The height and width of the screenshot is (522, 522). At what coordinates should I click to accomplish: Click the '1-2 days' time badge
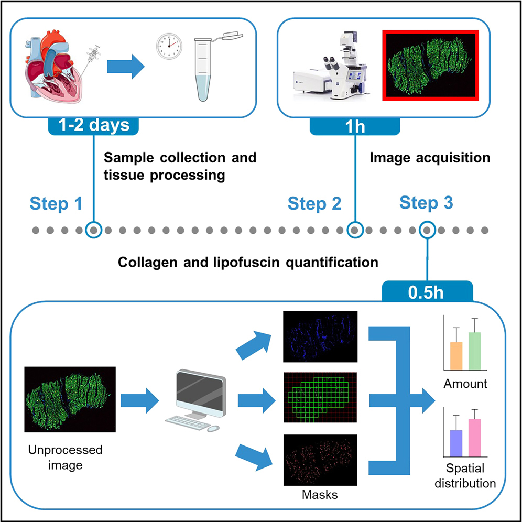pos(95,126)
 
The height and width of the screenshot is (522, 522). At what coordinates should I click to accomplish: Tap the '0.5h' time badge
pos(427,291)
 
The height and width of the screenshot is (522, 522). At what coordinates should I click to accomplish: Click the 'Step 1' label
pos(56,203)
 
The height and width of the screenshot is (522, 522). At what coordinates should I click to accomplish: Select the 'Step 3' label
pos(426,202)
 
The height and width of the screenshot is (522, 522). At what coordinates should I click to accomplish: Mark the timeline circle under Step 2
pos(356,230)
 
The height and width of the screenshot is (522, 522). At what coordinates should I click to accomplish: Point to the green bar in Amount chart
pos(475,351)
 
